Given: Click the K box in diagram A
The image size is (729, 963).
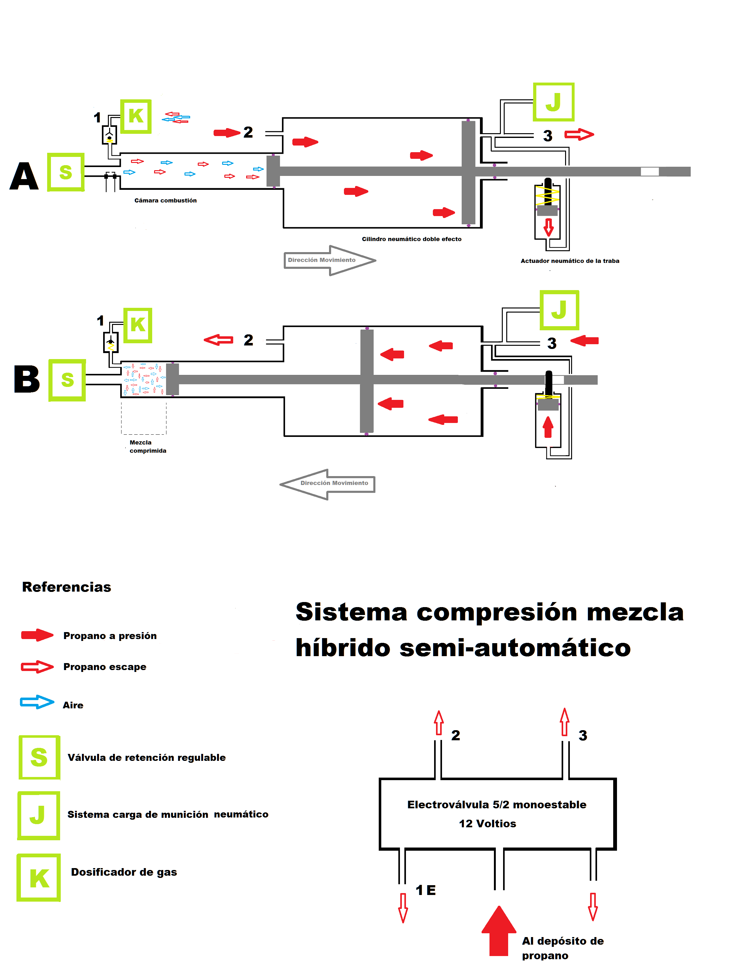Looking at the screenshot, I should tap(136, 116).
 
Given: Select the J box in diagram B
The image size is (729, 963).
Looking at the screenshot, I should tap(559, 310).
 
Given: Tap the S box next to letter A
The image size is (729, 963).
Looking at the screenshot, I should tap(66, 172).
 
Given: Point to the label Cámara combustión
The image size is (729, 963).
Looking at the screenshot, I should tap(165, 201).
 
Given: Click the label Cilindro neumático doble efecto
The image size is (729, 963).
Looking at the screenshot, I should tap(412, 239).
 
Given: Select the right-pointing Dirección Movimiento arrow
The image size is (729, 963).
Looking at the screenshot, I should tap(330, 260).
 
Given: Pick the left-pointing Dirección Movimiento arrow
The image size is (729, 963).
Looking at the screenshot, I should tap(327, 484).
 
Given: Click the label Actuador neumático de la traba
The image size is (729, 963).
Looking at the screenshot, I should tap(570, 261).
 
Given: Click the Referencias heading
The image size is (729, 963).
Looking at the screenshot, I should tap(67, 587).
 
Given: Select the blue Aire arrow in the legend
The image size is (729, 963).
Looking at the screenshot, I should tap(37, 702).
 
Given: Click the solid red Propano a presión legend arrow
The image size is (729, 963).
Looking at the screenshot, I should tap(37, 635).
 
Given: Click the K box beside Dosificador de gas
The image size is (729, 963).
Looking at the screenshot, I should tap(39, 878).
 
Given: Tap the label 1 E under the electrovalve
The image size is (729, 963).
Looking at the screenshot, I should tap(426, 890).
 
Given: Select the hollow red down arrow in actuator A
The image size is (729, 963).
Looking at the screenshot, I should tap(549, 227).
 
